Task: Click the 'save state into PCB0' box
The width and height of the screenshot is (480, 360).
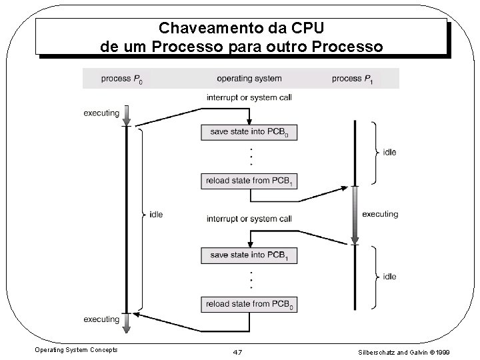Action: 249,131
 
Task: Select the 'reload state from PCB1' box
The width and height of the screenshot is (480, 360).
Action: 249,180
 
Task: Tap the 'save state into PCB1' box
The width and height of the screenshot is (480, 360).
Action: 249,255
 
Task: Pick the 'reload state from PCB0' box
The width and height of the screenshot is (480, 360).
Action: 249,304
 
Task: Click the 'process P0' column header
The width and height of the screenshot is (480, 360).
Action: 123,79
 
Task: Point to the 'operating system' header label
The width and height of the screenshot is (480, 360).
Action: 249,79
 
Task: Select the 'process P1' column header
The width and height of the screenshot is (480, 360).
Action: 352,79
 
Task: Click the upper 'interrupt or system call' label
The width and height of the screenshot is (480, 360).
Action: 249,97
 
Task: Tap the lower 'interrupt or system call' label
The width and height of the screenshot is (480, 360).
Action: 249,219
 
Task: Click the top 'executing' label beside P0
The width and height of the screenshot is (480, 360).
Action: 101,113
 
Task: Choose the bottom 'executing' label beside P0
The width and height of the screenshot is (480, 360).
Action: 101,319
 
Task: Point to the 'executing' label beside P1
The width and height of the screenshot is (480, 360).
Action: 380,214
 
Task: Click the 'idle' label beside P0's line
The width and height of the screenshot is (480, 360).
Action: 156,214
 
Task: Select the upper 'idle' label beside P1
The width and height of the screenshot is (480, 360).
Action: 389,153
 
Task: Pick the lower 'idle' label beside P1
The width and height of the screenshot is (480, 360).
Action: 389,276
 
